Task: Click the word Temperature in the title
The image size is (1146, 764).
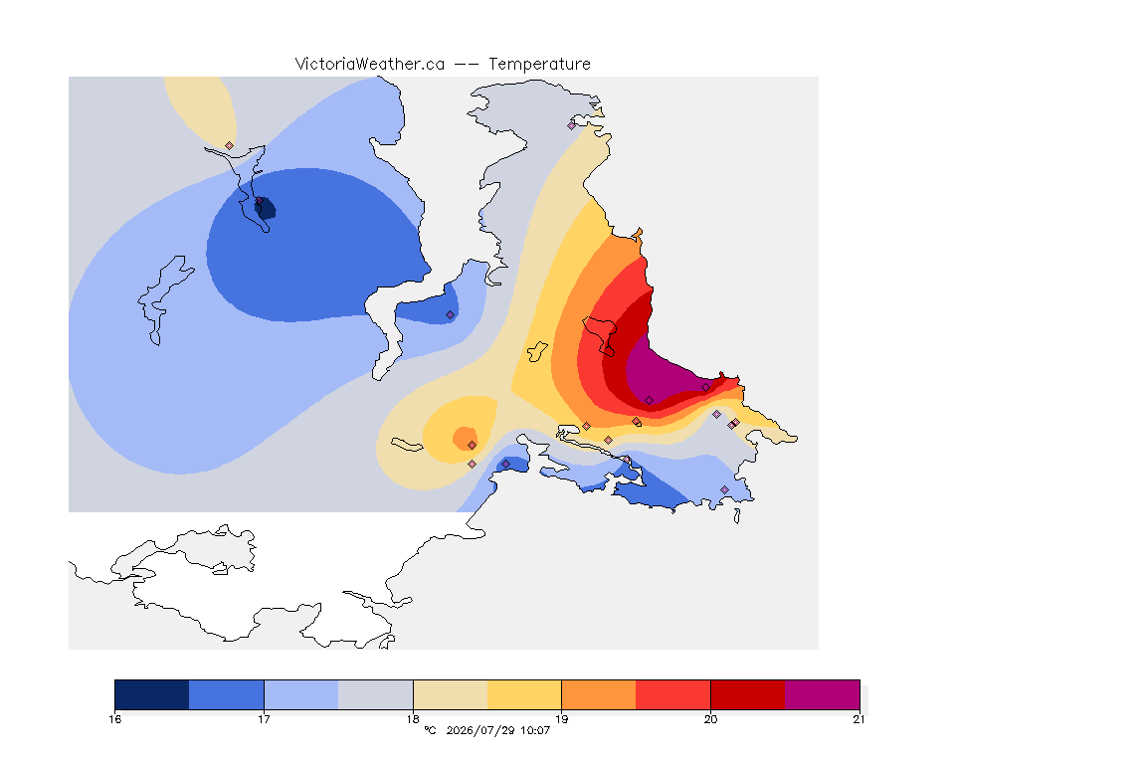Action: click(x=539, y=65)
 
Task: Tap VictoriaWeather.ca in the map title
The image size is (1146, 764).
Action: click(x=370, y=65)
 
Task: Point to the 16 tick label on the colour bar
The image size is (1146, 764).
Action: click(x=114, y=719)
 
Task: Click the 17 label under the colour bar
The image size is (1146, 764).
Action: click(x=264, y=719)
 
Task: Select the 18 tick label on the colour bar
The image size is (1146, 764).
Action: click(x=413, y=719)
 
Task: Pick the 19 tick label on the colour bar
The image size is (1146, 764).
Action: click(x=561, y=719)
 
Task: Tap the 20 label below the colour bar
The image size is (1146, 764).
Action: click(x=710, y=719)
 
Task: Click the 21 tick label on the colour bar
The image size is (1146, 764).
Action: click(x=859, y=719)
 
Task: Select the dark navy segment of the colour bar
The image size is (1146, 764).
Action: click(x=152, y=694)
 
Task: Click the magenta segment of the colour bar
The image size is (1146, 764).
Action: click(x=823, y=694)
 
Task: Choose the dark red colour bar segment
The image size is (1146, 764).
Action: click(x=748, y=694)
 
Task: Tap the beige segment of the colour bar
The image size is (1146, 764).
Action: click(x=451, y=694)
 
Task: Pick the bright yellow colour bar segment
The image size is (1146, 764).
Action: click(x=524, y=694)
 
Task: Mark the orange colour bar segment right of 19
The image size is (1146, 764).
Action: click(x=599, y=694)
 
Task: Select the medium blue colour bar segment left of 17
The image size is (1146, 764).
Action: click(x=227, y=694)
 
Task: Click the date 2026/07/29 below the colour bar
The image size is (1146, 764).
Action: click(x=480, y=730)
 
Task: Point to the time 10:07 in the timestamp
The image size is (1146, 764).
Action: click(x=535, y=730)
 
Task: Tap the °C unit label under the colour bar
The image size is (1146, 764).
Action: click(x=430, y=730)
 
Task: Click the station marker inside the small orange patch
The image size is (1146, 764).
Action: click(x=473, y=446)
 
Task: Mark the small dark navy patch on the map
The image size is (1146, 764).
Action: click(x=266, y=209)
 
